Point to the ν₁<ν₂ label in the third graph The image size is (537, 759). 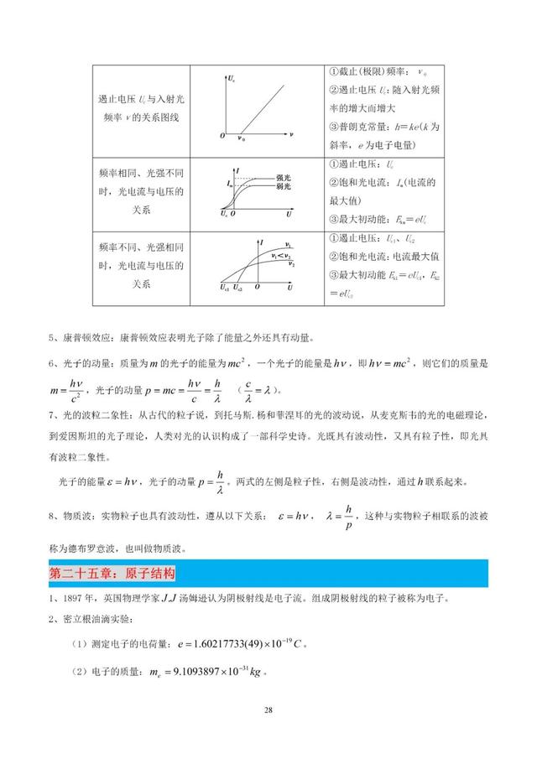pos(280,252)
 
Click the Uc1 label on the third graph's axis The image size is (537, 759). pos(225,288)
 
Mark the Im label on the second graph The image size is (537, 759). pos(228,182)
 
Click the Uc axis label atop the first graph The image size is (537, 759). pos(231,79)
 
